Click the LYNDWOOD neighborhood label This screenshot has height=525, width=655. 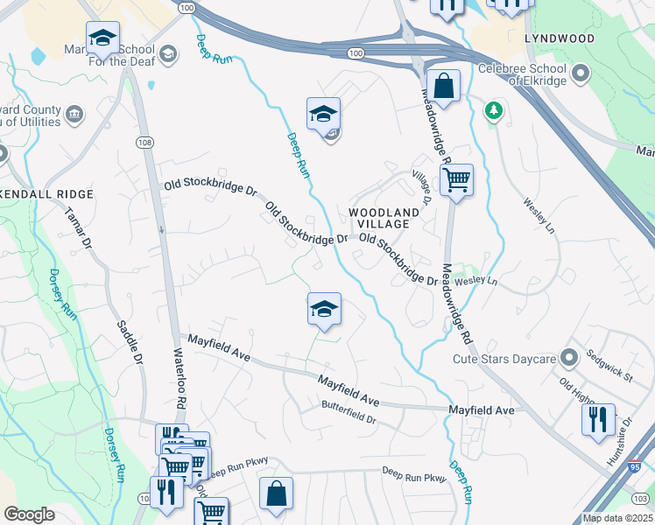(560, 39)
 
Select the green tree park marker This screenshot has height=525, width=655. (495, 110)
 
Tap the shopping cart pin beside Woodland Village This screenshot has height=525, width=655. (456, 182)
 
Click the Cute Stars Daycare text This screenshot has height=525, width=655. (504, 359)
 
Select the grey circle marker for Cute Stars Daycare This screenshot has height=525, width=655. (570, 358)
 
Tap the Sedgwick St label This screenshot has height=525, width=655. (609, 366)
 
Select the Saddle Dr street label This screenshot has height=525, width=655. (128, 341)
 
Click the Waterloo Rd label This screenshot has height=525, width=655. (179, 386)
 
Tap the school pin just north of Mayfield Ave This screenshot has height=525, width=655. (324, 310)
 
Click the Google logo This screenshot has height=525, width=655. (29, 514)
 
